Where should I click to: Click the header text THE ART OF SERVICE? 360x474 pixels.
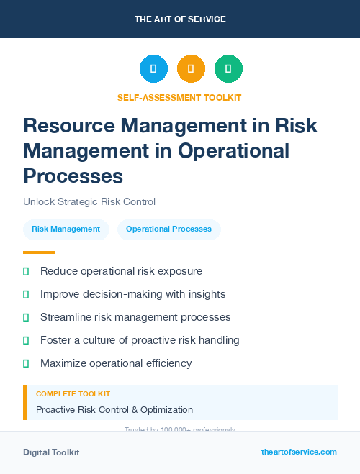click(180, 19)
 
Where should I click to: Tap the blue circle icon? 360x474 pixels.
click(153, 68)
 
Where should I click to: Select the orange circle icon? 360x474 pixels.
click(191, 68)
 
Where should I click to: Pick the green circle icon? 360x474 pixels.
click(228, 68)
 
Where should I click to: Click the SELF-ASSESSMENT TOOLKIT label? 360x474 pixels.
click(179, 97)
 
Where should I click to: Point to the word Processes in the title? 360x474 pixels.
click(73, 176)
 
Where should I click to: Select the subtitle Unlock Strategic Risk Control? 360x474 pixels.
click(89, 201)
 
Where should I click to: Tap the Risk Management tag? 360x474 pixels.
click(66, 229)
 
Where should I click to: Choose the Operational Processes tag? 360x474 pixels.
click(168, 229)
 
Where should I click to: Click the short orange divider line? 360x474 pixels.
click(39, 252)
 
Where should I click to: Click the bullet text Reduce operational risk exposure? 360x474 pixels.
click(121, 271)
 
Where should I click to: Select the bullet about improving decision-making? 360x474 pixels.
click(133, 294)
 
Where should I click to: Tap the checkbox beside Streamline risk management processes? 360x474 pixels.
click(26, 317)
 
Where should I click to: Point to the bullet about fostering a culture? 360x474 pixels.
click(140, 340)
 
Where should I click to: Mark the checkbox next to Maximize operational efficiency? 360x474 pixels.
click(26, 363)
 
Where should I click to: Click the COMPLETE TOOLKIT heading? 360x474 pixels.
click(73, 394)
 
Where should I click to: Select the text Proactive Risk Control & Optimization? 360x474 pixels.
click(114, 410)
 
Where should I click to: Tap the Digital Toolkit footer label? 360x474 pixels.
click(51, 452)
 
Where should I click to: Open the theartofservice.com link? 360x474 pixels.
click(299, 452)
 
